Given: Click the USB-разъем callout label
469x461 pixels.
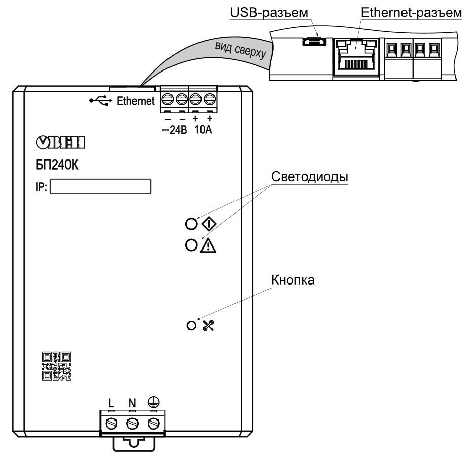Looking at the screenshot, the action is click(269, 13).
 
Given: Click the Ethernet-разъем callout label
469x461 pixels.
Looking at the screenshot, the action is click(411, 13).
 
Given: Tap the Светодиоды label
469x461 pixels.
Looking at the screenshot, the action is click(310, 177).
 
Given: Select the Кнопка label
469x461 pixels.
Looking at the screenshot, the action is click(293, 280).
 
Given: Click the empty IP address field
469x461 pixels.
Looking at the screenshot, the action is click(100, 187).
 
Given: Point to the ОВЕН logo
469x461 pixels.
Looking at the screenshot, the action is click(60, 143).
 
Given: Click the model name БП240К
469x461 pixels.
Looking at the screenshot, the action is click(57, 165).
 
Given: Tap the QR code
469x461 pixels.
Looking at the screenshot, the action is click(56, 366).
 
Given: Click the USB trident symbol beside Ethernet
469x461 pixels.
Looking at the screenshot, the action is click(101, 101).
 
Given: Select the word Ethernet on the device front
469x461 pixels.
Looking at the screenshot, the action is click(136, 101).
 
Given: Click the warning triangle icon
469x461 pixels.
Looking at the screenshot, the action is click(208, 245).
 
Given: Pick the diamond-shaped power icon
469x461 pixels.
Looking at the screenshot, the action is click(209, 224).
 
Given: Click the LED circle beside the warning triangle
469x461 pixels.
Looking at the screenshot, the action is click(191, 245).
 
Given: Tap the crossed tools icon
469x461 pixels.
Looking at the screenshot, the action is click(208, 326).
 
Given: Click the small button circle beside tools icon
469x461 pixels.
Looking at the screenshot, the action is click(191, 326).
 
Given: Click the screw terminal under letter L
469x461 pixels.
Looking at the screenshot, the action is click(111, 423).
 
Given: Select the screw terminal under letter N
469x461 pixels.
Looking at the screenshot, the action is click(132, 423).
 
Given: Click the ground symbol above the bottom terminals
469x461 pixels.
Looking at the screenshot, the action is click(154, 402).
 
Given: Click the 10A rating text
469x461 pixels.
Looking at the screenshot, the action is click(203, 130).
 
